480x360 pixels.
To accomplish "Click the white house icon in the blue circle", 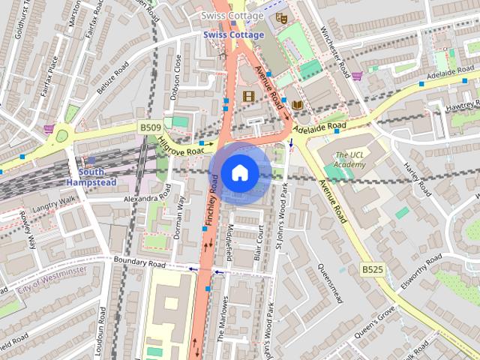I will click(x=238, y=172).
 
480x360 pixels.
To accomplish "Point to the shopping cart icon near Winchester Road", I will click(x=358, y=76).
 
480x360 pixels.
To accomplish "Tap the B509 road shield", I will click(x=150, y=128).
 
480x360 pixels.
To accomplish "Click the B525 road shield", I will click(x=372, y=268).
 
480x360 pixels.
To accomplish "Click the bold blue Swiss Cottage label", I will click(x=233, y=35).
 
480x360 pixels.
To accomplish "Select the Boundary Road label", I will click(x=139, y=263).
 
